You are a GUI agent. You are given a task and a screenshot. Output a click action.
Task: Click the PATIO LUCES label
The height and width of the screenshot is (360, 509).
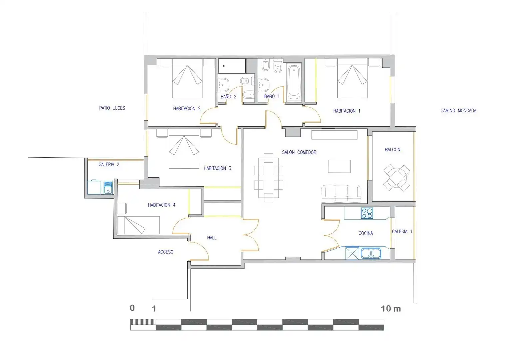[x=112, y=108]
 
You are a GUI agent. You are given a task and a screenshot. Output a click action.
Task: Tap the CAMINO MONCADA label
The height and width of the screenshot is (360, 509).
[x=458, y=111]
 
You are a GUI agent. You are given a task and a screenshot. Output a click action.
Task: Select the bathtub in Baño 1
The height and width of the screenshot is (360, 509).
[x=294, y=83]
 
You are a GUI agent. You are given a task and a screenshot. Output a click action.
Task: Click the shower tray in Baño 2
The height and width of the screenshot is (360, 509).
[x=232, y=66]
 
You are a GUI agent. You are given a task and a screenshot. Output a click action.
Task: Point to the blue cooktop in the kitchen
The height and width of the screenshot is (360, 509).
[x=367, y=213]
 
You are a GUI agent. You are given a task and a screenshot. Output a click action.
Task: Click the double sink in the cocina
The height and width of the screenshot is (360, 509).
[x=371, y=253]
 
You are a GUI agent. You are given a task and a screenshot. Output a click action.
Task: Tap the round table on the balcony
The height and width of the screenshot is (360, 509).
[x=397, y=178]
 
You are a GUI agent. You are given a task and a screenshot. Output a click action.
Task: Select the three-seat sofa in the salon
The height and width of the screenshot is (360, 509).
[x=341, y=194]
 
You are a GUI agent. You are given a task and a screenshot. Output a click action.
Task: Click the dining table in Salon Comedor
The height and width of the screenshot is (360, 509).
[x=268, y=178]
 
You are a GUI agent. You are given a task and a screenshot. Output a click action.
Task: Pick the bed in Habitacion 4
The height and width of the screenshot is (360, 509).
[x=138, y=225]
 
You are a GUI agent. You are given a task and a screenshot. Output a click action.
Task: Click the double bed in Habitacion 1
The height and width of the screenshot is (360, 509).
[x=352, y=78]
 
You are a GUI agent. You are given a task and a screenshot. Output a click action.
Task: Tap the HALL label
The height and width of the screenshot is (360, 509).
[x=212, y=238]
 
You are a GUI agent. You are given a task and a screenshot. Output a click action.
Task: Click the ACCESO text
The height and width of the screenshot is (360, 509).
[x=166, y=252]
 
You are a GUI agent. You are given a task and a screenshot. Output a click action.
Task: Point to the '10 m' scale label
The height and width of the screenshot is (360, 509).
[x=391, y=309]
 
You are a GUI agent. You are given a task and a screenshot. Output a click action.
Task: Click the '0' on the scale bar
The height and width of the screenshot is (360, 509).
[x=132, y=308]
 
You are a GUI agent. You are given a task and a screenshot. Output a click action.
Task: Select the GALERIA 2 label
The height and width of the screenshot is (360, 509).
[x=109, y=164]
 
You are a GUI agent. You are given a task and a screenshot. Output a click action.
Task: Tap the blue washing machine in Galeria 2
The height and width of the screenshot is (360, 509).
[x=108, y=187]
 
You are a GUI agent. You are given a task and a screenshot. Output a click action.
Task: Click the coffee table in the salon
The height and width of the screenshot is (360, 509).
[x=339, y=166]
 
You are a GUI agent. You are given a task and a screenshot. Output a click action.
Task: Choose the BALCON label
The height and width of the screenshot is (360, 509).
[x=393, y=150]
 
